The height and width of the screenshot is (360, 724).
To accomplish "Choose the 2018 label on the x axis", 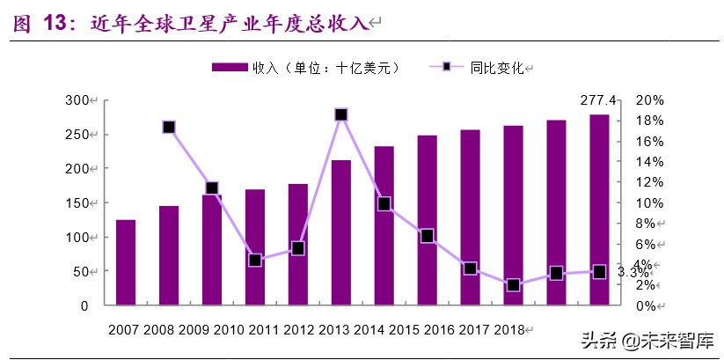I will pyautogui.click(x=508, y=329).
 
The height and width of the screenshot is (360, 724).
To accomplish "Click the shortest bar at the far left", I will pyautogui.click(x=126, y=262).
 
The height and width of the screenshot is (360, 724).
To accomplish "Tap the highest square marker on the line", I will pyautogui.click(x=341, y=114).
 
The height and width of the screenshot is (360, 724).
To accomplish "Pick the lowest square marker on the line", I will pyautogui.click(x=513, y=285).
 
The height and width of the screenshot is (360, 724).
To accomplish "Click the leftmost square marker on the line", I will pyautogui.click(x=169, y=127).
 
